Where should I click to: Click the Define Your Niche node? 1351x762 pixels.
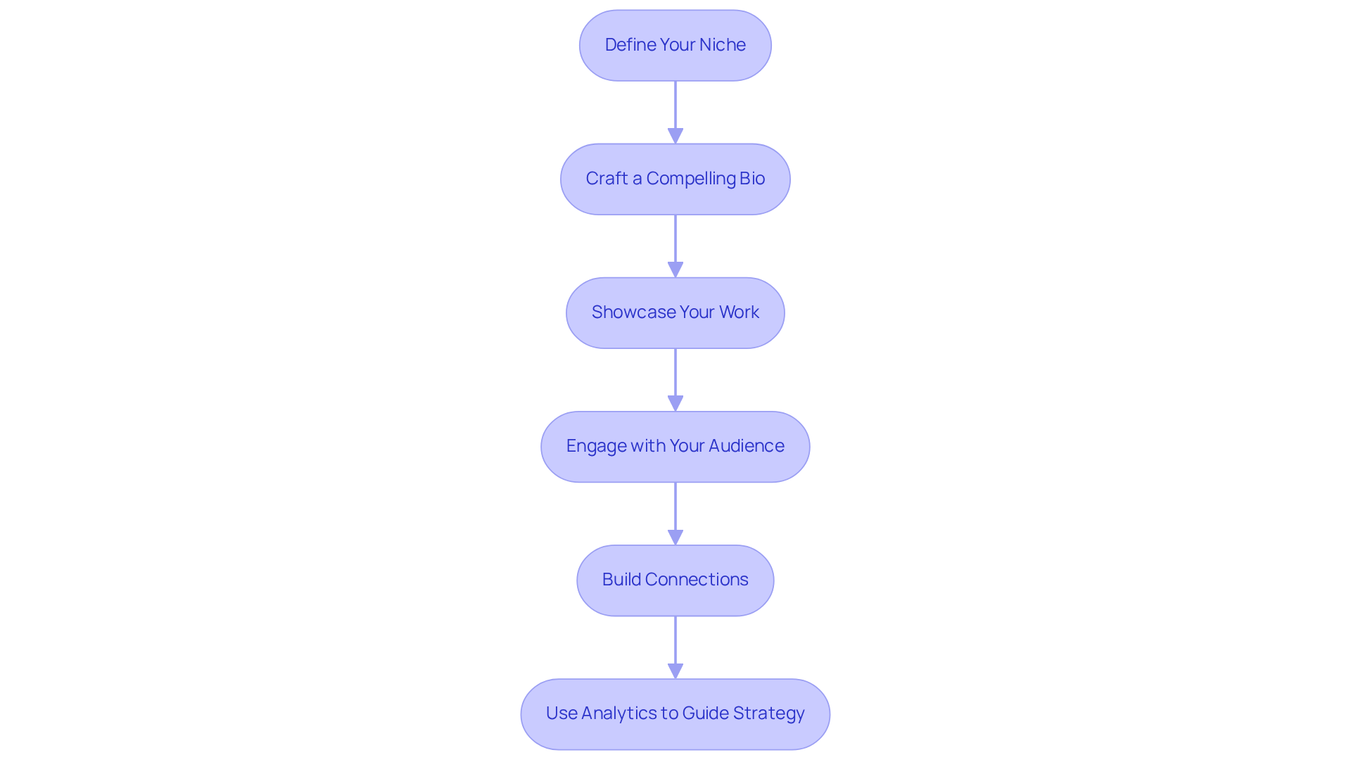675,46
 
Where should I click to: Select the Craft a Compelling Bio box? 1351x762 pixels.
675,179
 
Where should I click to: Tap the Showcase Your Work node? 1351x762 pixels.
675,313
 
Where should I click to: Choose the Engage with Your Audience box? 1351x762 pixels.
675,447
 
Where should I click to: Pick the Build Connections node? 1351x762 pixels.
675,580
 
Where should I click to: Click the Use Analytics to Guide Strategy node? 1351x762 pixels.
675,714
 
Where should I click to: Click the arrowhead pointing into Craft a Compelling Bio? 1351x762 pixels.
675,136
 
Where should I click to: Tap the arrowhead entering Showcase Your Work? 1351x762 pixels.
675,269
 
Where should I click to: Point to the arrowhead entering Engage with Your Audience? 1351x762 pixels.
675,403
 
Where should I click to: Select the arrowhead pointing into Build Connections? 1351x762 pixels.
675,537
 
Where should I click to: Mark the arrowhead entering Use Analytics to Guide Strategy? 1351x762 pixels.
675,671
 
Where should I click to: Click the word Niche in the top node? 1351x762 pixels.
722,45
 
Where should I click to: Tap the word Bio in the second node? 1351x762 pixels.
751,179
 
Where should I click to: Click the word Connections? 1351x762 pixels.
697,580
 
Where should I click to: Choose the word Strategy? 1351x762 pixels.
768,713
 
